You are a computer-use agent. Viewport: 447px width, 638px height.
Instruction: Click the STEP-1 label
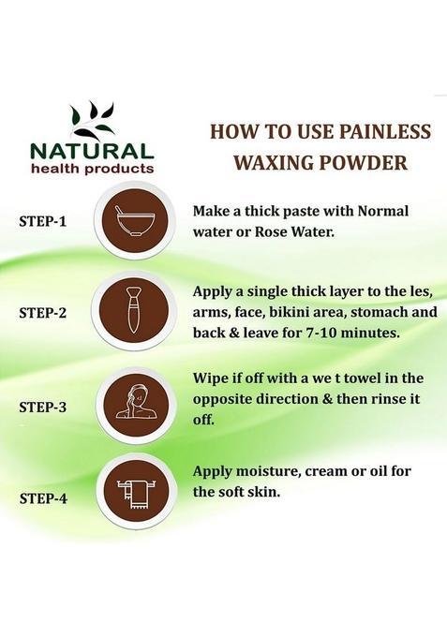pos(42,221)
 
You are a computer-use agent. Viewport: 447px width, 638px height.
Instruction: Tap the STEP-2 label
pos(42,313)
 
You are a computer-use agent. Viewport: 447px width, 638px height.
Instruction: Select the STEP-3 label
pos(42,407)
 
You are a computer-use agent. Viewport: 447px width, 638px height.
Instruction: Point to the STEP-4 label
pos(43,498)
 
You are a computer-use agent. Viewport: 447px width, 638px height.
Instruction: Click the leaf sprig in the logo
pos(93,121)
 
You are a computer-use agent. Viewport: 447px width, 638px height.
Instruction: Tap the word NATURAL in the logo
pos(92,152)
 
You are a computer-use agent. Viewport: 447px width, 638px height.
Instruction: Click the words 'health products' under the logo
pos(93,169)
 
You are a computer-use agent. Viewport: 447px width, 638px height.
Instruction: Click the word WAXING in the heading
pos(274,162)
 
